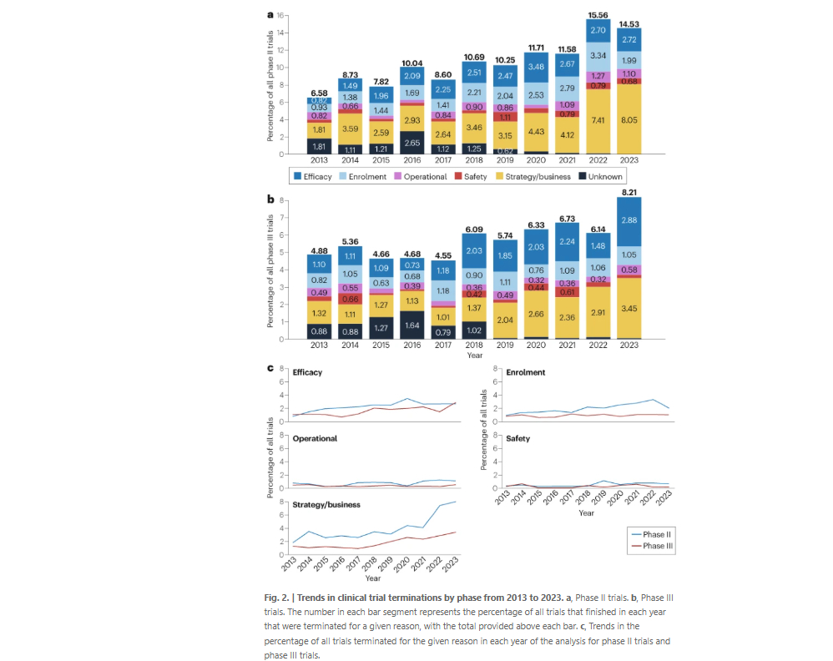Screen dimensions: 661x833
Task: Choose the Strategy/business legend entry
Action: click(533, 177)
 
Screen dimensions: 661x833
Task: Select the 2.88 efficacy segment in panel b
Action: click(629, 220)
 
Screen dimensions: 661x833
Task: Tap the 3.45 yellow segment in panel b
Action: click(629, 309)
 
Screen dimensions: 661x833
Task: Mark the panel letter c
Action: click(270, 368)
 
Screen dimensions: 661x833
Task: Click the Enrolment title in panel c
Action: click(524, 372)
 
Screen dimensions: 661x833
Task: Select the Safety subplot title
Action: click(517, 438)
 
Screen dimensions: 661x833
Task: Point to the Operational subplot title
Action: click(315, 438)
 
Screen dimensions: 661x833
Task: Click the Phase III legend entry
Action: click(651, 547)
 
